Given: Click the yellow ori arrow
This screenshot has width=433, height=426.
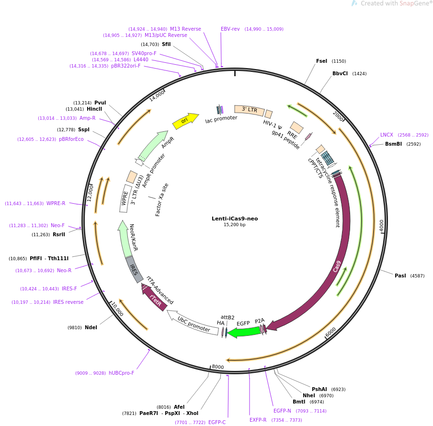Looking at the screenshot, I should coord(185,121).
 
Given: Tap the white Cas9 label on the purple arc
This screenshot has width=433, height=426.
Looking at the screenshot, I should coord(337,266).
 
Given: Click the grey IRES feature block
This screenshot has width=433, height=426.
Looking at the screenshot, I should coord(135,269).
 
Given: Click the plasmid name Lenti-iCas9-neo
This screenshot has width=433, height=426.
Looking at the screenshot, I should coord(235,219).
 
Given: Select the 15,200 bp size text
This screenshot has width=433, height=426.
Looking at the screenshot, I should coord(235,225).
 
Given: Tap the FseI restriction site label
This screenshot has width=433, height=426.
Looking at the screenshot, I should coord(321,61).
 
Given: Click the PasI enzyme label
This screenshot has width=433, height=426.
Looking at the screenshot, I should coord(400,276).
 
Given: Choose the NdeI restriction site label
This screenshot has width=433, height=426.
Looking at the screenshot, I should coord(91,327).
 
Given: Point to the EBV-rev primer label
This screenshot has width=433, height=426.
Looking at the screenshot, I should coord(230,29).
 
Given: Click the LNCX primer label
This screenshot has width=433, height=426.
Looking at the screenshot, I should coord(387,135).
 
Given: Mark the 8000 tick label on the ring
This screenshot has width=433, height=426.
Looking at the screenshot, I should coord(218,367).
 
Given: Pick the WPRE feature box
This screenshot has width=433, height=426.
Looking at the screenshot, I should coord(125,198).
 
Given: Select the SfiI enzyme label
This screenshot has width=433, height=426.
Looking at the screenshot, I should coord(166,44).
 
